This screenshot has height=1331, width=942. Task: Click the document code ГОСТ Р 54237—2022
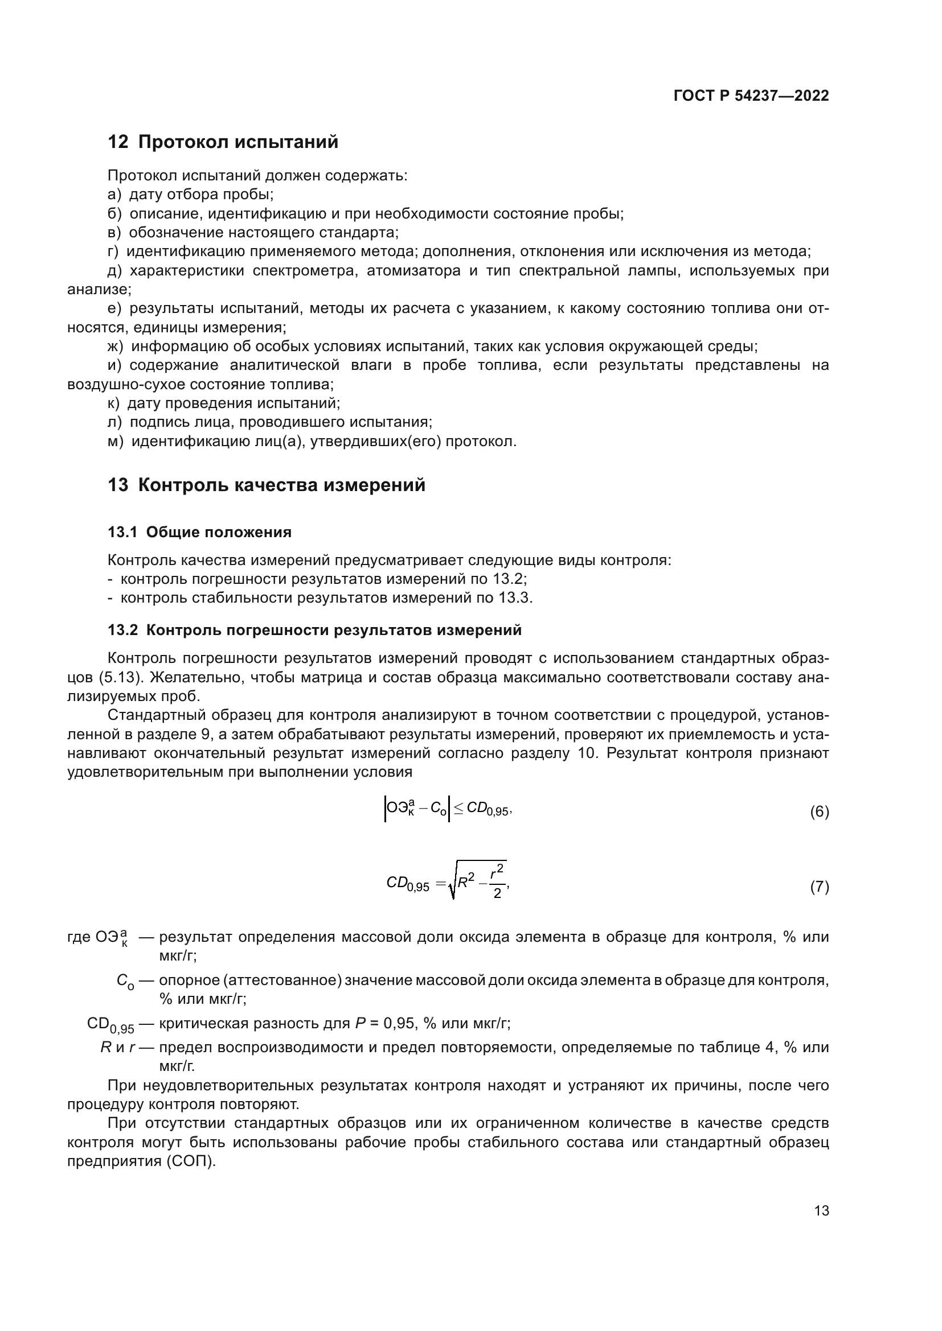click(751, 96)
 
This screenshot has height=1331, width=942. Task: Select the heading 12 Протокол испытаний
click(223, 142)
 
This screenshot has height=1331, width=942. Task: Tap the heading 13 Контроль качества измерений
click(266, 485)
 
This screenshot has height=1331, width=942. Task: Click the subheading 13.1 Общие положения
click(199, 532)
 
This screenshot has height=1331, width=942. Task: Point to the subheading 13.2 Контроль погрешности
click(314, 630)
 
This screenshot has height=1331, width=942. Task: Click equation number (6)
click(819, 812)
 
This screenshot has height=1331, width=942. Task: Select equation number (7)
click(819, 887)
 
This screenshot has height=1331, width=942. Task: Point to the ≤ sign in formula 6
click(458, 808)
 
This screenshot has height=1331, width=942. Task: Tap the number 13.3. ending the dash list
click(515, 598)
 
